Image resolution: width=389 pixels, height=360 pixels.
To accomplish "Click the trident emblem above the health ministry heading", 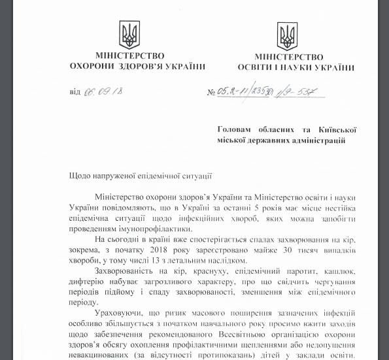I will [x=129, y=33].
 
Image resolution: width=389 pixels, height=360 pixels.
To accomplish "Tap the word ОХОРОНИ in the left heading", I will [x=92, y=67].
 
